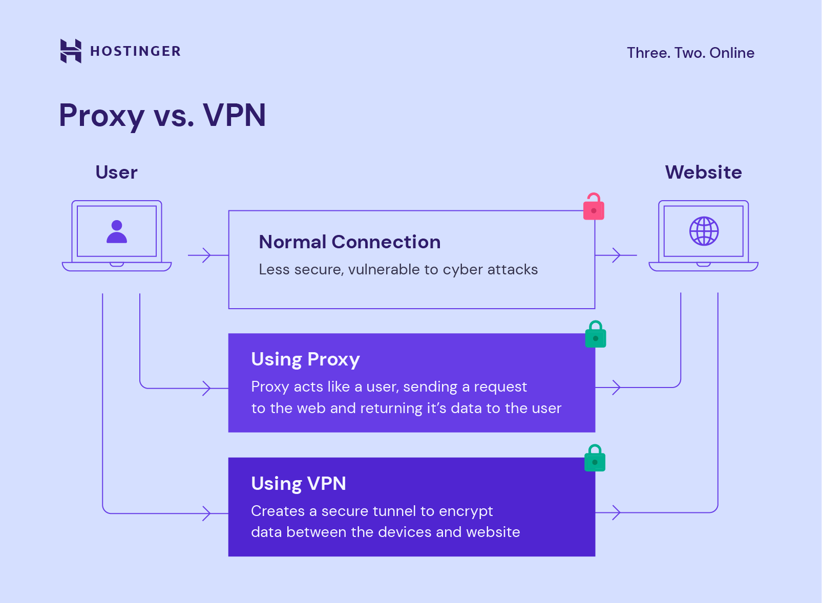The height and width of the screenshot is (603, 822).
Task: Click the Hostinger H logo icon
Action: tap(71, 51)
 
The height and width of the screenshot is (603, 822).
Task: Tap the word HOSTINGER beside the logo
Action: tap(135, 51)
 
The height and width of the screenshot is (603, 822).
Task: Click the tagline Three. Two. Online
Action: tap(690, 53)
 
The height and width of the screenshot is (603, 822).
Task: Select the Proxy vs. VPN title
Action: tap(162, 115)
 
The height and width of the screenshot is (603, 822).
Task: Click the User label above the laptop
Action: tap(116, 173)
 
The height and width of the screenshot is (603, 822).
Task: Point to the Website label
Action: tap(703, 173)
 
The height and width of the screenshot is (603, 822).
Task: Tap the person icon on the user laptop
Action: tap(117, 231)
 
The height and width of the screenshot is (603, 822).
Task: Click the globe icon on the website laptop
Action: tap(704, 231)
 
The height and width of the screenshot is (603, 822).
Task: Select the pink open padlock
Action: tap(594, 207)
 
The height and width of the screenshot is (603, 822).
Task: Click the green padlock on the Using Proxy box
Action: tap(596, 335)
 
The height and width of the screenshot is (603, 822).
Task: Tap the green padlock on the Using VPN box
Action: tap(595, 459)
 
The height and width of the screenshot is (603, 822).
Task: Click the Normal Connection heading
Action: tap(349, 242)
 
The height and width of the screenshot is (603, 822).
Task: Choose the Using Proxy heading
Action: tap(305, 359)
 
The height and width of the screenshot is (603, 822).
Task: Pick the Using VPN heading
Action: tap(299, 484)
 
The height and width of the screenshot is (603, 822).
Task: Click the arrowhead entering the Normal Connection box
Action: tap(206, 255)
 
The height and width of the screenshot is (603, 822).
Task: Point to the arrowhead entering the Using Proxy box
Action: tap(206, 388)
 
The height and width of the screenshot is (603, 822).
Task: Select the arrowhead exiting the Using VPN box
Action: tap(616, 512)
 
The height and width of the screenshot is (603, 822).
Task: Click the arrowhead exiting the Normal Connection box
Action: tap(616, 255)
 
